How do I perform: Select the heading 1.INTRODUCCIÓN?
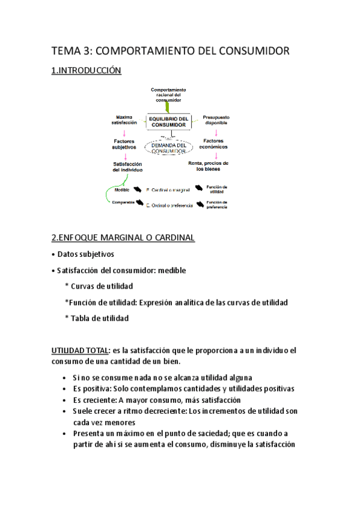pyautogui.click(x=87, y=71)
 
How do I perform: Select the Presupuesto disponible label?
pyautogui.click(x=216, y=121)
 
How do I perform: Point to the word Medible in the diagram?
pyautogui.click(x=123, y=189)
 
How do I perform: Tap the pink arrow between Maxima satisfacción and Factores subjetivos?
pyautogui.click(x=124, y=132)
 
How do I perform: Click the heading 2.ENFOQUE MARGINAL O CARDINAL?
pyautogui.click(x=123, y=238)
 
